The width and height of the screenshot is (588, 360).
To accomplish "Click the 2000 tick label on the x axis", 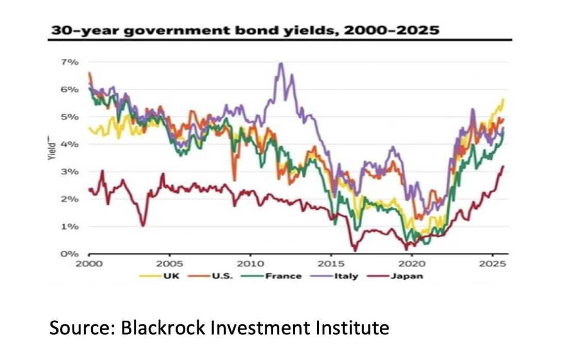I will click(90, 264).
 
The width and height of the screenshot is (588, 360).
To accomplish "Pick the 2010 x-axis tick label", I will click(250, 264).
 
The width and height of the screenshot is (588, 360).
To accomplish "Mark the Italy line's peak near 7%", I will click(280, 63).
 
